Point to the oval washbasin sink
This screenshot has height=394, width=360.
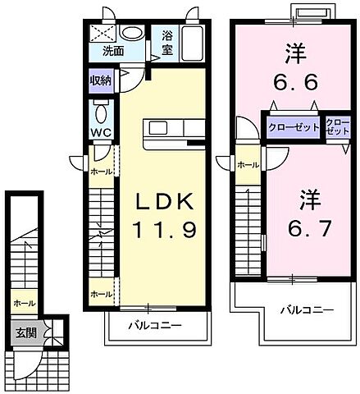coord(130,34)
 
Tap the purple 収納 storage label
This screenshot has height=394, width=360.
coord(102,81)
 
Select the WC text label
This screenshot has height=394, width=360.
coord(102,131)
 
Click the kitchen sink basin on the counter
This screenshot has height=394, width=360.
coord(157,130)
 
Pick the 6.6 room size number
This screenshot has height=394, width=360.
coord(294,83)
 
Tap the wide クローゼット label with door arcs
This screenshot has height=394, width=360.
coord(293,127)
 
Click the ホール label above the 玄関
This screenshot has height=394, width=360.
coord(23,303)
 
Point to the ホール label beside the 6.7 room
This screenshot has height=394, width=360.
coord(248,165)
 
